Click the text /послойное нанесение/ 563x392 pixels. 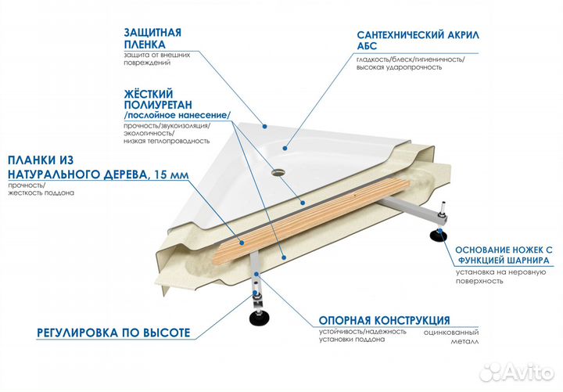[177, 115]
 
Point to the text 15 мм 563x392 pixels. [170, 174]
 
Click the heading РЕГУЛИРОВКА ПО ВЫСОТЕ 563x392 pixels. [113, 333]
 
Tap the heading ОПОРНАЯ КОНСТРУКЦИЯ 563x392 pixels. [383, 321]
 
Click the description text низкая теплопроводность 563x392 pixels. [167, 141]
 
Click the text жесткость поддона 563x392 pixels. [42, 192]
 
